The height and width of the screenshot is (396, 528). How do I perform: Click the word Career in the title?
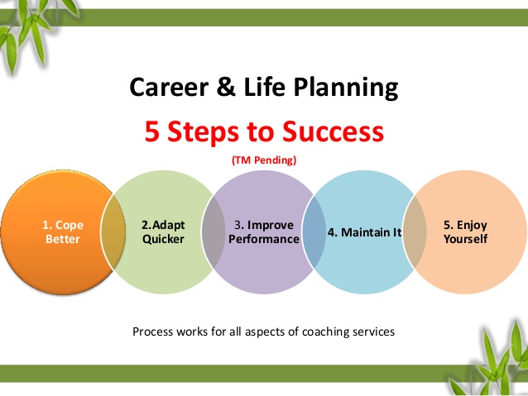pos(169,87)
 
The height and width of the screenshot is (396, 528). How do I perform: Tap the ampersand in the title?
pos(226,87)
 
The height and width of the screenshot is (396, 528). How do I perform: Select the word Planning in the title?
pos(346,88)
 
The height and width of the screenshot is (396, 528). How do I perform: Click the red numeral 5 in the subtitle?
pos(152,131)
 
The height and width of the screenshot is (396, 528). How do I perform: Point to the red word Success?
pos(333,131)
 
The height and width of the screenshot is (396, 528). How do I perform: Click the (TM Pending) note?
pos(264,160)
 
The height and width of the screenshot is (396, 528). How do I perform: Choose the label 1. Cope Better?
pos(63,231)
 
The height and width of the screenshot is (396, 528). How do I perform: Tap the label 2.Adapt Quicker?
pos(163,231)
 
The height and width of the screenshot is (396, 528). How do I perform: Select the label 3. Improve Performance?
pos(264,231)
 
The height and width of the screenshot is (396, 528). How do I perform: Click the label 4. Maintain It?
pos(365,232)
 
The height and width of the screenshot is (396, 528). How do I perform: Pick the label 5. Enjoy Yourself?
pos(465,231)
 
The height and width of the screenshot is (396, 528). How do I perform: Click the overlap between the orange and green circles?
pos(113,232)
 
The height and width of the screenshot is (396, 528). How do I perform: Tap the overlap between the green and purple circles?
pos(214,232)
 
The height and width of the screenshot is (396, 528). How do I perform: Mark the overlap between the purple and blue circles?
pos(314,232)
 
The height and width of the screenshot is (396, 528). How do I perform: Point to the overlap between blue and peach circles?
pos(415,232)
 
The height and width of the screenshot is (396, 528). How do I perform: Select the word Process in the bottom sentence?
pos(153,332)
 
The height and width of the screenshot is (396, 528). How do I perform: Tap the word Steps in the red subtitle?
pos(203,132)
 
